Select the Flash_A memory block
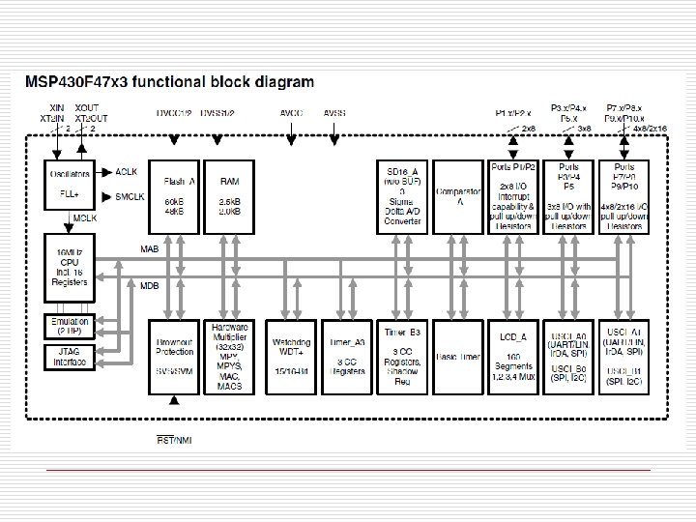pos(173,195)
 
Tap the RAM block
pos(230,195)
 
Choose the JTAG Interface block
pos(69,357)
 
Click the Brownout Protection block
pos(173,356)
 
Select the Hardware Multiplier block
pos(230,356)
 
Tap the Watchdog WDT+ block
pos(291,356)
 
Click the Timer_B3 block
pos(400,356)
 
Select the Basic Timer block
pos(457,356)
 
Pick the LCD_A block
pos(514,356)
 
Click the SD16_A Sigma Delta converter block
pos(400,195)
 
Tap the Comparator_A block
pos(457,195)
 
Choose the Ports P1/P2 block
pos(514,195)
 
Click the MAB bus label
pos(150,249)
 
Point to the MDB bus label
pos(150,287)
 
